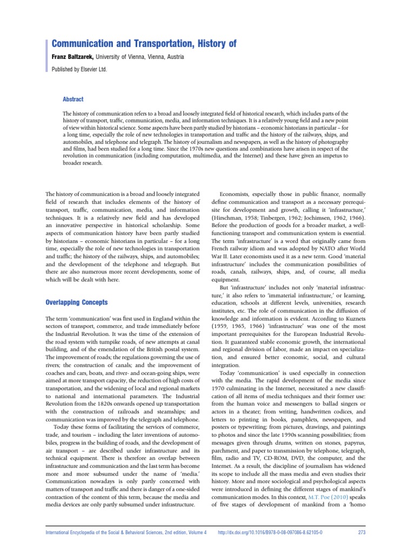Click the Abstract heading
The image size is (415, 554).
73,99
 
